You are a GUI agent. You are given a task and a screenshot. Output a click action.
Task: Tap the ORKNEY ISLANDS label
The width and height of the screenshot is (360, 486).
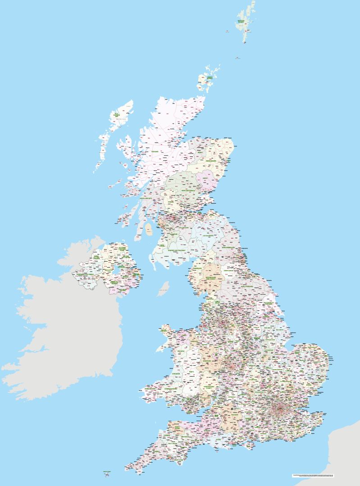[x=210, y=79]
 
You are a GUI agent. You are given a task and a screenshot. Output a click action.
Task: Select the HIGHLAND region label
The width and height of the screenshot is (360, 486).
[x=155, y=152]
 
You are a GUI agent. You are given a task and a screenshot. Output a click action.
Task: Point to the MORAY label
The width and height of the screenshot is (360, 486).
[x=200, y=152]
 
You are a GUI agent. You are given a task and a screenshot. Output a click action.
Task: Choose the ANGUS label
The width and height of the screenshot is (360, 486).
[x=205, y=178]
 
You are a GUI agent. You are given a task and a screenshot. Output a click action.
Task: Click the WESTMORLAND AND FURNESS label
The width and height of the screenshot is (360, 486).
[x=212, y=278]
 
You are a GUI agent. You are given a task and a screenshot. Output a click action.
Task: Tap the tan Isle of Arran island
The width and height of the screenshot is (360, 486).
[x=149, y=231]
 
